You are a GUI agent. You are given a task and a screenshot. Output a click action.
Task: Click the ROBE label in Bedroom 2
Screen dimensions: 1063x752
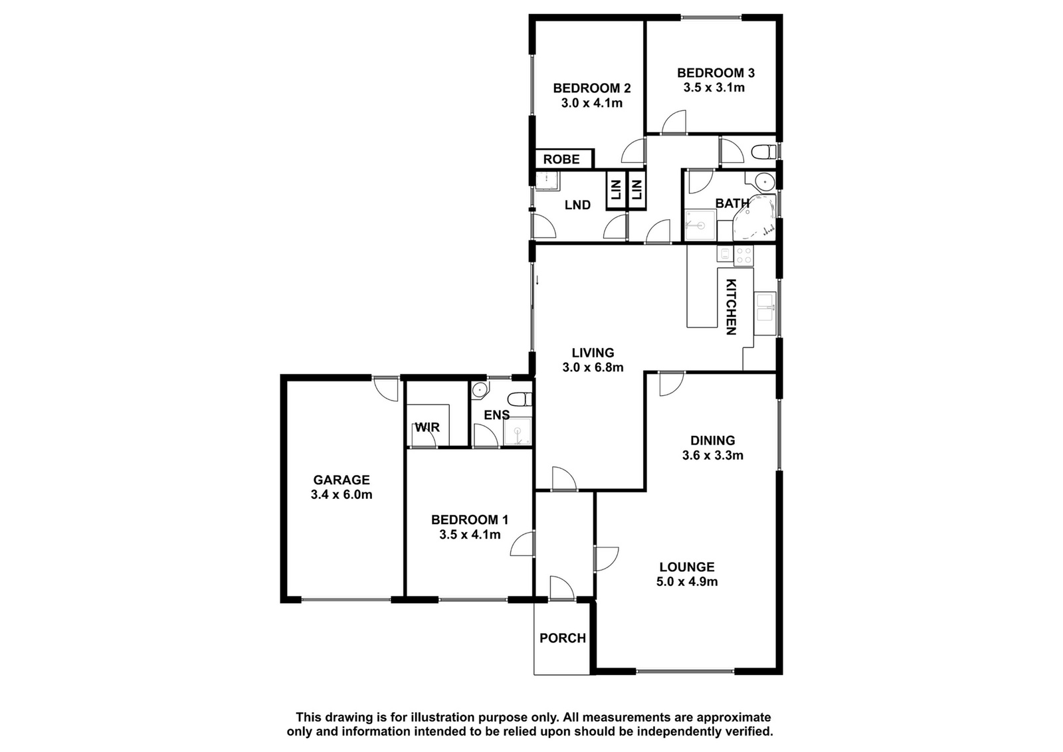coord(561,159)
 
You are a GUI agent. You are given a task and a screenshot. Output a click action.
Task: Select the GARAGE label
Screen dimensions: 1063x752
coord(341,480)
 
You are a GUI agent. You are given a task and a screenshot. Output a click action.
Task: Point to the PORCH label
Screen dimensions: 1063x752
coord(563,638)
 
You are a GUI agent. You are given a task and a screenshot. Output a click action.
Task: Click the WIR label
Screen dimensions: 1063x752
coord(428,427)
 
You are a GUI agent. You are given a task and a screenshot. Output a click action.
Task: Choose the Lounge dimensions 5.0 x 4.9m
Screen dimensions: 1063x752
coord(687,582)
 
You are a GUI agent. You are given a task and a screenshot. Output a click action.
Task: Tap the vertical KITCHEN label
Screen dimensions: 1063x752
coord(731,307)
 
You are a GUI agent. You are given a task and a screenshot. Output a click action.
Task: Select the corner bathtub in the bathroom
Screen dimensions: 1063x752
coord(755,219)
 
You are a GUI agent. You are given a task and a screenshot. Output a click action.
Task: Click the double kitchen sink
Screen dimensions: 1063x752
coord(765,307)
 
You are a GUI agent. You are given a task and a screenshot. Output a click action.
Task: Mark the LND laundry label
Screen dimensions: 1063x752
coord(577,205)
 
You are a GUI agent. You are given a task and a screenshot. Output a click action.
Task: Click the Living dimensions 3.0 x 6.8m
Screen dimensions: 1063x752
coord(593,367)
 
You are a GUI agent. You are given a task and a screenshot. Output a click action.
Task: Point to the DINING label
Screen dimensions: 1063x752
coord(713,440)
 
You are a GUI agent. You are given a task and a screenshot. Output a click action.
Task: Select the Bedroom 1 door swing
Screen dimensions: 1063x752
coord(522,543)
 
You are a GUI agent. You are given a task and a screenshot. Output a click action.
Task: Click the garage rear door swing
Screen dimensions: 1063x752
coord(385,389)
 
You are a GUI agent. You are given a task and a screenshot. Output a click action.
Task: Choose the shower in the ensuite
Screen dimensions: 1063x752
coord(518,432)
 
